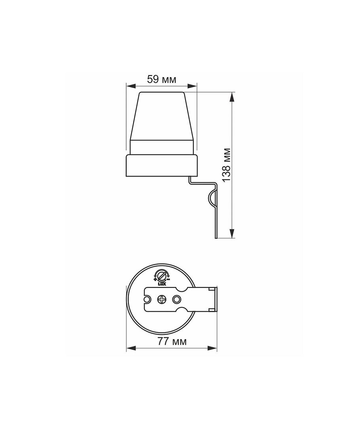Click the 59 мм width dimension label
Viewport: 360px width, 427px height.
point(162,79)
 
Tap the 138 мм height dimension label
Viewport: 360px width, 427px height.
point(226,165)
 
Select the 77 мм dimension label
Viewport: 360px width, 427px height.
point(172,341)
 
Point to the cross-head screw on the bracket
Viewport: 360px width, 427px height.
point(162,300)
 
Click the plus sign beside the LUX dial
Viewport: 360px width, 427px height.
point(155,280)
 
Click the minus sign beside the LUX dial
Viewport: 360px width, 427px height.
point(168,280)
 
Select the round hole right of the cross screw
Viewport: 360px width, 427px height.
point(176,300)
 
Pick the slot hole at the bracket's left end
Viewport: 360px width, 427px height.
point(148,300)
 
